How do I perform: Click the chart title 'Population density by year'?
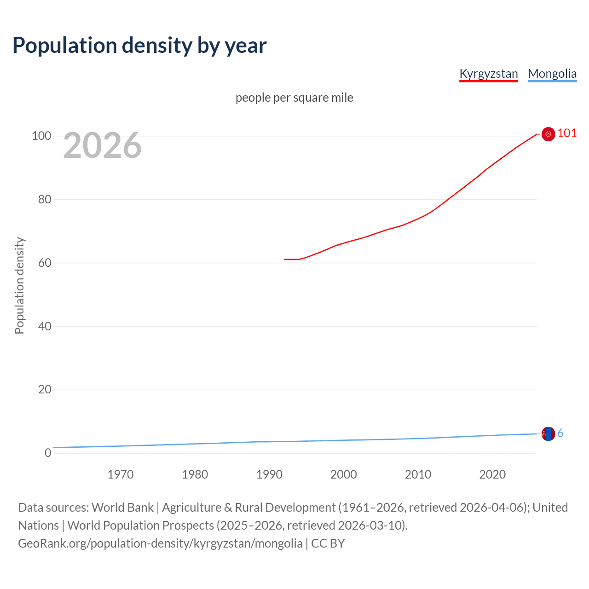point(139,46)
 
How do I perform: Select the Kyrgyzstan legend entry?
point(489,74)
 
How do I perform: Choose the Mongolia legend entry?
point(552,74)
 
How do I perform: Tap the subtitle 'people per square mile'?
point(294,98)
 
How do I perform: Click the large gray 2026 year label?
point(102,145)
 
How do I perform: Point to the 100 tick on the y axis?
point(41,136)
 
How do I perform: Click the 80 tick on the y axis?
point(44,199)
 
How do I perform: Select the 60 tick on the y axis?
point(44,263)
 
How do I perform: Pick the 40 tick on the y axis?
point(44,326)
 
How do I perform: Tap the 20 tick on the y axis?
point(44,389)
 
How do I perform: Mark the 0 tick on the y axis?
point(48,453)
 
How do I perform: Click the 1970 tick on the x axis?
point(121,474)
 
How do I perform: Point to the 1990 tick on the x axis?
point(269,474)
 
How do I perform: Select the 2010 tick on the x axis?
point(418,474)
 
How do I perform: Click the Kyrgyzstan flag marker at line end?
point(548,134)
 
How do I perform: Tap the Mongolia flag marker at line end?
point(548,433)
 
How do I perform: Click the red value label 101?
point(567,133)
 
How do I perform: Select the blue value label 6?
point(560,433)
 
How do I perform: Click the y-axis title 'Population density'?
point(19,285)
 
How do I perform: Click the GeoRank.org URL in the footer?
point(160,543)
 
